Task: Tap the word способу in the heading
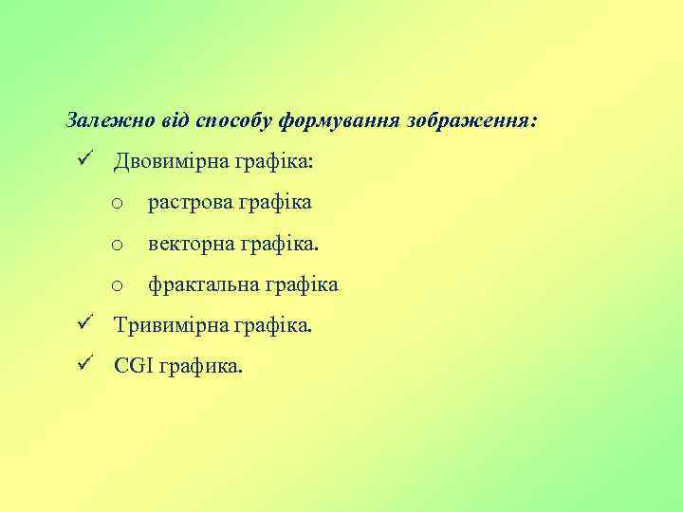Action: coord(233,120)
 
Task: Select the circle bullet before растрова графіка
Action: coord(116,204)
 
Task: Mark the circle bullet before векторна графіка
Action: coord(116,246)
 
